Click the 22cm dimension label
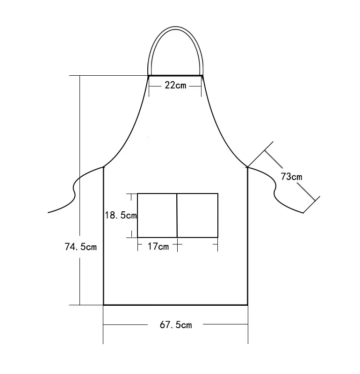(x=175, y=86)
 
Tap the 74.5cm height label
(x=81, y=247)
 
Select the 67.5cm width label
(x=176, y=325)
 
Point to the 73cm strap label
(x=291, y=177)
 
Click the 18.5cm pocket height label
(x=121, y=216)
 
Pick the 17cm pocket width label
(x=158, y=246)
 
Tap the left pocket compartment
(x=157, y=216)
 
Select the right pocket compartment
(x=198, y=216)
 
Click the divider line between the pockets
(x=177, y=216)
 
